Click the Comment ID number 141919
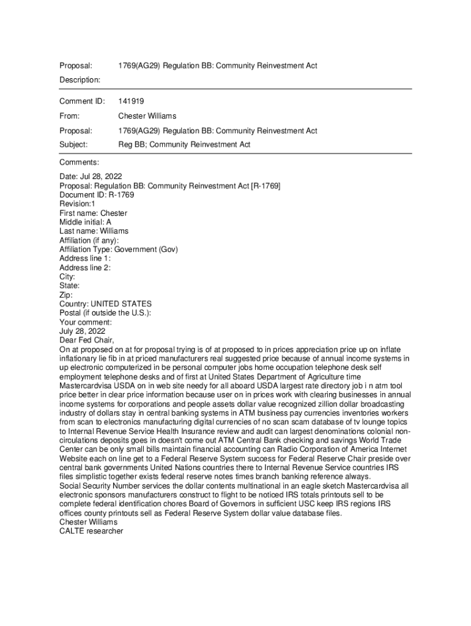click(131, 101)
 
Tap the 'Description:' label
click(80, 80)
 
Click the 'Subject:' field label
click(73, 145)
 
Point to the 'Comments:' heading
click(79, 162)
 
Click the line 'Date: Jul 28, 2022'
click(91, 177)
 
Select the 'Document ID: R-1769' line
click(97, 195)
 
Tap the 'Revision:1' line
click(77, 204)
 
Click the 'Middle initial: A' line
click(85, 223)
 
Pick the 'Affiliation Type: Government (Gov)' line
click(118, 249)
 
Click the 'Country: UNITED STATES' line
click(105, 304)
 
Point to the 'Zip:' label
click(66, 295)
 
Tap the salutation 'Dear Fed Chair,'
click(87, 340)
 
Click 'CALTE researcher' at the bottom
click(91, 531)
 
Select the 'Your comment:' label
click(86, 322)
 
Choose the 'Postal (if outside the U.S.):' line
click(105, 313)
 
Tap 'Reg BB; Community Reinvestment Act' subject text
click(184, 145)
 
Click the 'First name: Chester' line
click(93, 213)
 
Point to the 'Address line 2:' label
click(85, 268)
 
